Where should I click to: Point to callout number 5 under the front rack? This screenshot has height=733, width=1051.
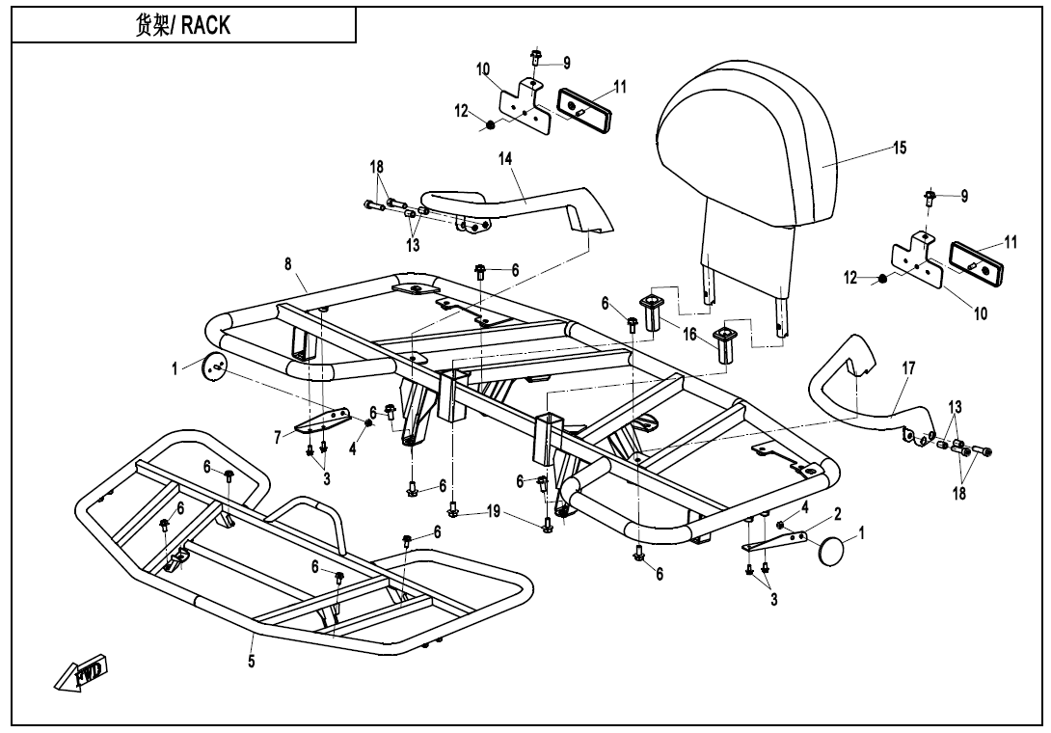(252, 663)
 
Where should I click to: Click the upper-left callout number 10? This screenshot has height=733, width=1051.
(482, 69)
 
